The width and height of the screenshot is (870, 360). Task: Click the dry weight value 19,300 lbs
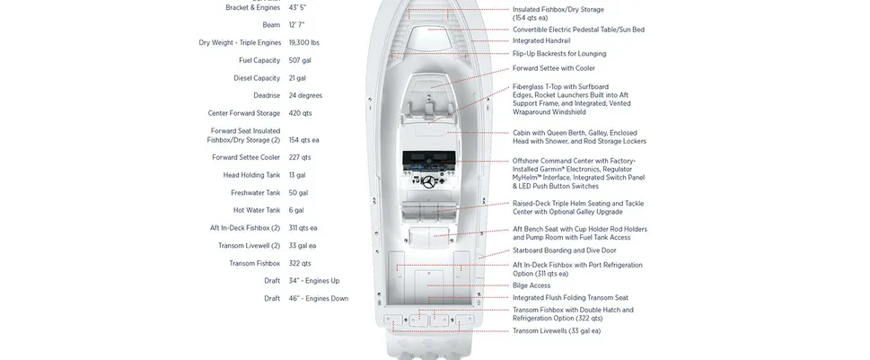[303, 42]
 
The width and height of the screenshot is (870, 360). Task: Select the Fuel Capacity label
[259, 60]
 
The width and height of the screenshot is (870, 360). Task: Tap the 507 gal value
[301, 60]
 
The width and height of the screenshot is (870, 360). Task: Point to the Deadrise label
[267, 95]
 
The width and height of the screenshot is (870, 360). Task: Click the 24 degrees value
[306, 95]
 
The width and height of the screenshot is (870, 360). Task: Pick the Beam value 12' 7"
[296, 25]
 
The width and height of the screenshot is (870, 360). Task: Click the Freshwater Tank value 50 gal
[298, 192]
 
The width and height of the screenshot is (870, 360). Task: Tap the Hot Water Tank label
[256, 210]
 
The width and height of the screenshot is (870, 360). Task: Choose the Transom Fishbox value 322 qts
[300, 263]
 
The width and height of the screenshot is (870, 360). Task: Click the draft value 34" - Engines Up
[314, 281]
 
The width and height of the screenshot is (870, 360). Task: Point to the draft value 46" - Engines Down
[319, 298]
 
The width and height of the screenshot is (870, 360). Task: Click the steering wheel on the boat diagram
[433, 182]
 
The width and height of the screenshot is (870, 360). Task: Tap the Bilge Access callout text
[532, 285]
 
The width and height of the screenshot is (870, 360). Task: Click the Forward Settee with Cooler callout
[554, 68]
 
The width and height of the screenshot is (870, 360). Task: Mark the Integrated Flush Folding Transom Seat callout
[570, 297]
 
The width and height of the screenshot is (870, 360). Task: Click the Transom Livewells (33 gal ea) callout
[557, 330]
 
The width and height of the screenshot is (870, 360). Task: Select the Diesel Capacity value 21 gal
[297, 78]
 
